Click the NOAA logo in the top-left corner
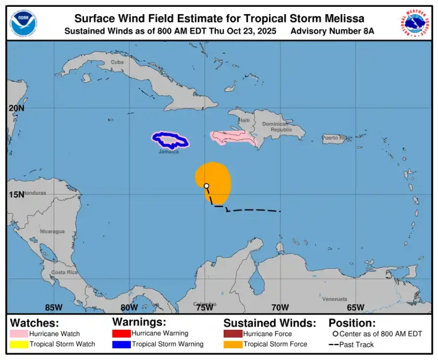(23, 22)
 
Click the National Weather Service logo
(416, 22)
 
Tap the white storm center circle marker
(206, 186)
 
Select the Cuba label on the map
(117, 62)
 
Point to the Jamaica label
(169, 152)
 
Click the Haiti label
(244, 120)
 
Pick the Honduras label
(35, 193)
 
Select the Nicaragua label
(52, 231)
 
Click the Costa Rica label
(65, 272)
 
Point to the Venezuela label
(334, 299)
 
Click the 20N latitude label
(17, 108)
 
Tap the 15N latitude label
(17, 194)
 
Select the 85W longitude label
(54, 307)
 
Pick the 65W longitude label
(356, 307)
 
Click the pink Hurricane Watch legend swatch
(19, 333)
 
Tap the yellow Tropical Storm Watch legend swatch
(19, 344)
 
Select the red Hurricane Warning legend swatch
(121, 333)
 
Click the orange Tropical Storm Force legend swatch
(233, 344)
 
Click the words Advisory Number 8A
(332, 31)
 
